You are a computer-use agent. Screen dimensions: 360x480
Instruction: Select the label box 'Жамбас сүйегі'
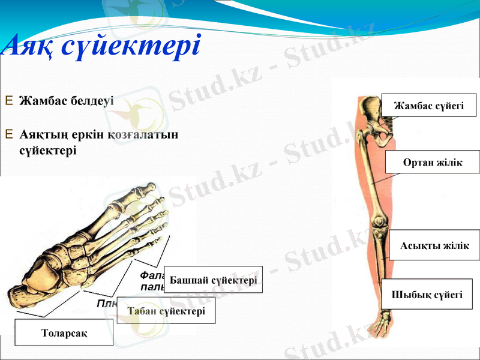tap(428, 105)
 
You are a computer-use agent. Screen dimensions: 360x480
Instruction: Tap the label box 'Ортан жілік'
tap(432, 163)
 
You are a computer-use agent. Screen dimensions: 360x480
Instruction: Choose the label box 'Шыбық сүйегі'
tap(427, 294)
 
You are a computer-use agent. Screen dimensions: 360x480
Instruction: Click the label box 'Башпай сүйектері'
tap(213, 280)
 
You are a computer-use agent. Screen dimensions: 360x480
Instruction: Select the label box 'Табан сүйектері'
tap(166, 311)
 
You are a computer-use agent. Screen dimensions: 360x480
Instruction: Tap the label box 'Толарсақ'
tap(64, 332)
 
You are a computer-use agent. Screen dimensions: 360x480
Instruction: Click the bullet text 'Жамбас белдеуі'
tap(67, 100)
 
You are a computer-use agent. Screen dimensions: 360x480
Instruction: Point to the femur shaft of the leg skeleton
tap(375, 174)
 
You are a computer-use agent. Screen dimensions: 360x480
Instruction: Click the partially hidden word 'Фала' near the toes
tap(151, 275)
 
